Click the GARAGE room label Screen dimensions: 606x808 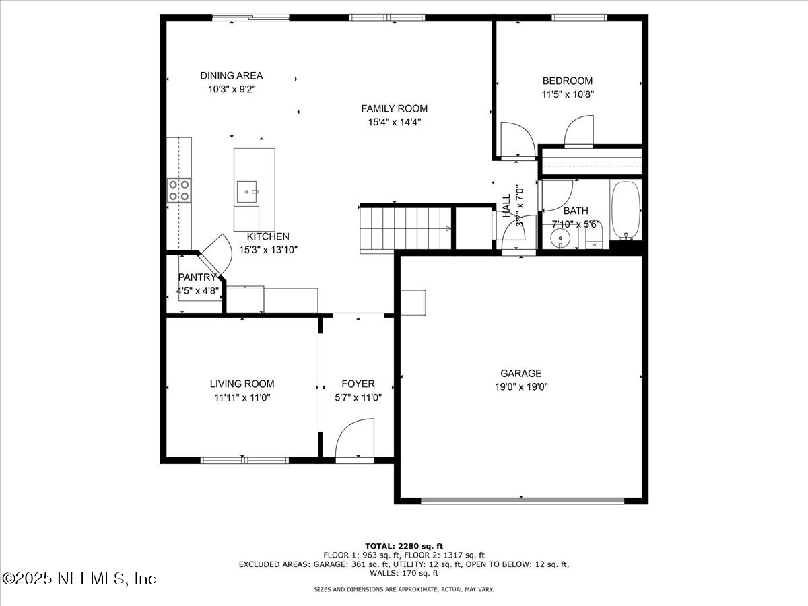(x=520, y=373)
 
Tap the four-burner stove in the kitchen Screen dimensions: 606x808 (x=179, y=191)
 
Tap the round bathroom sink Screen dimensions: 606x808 (x=558, y=238)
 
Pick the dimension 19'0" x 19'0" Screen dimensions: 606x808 (x=520, y=386)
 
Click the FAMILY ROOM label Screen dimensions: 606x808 (x=394, y=108)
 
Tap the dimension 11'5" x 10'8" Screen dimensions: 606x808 (x=568, y=94)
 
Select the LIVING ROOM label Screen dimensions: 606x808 (x=242, y=384)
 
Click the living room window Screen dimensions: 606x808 (x=244, y=461)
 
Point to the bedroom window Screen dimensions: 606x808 (x=579, y=17)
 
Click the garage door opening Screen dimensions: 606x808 (x=522, y=500)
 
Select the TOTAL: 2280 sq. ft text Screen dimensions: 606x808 (x=403, y=546)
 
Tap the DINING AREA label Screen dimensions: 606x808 (x=231, y=75)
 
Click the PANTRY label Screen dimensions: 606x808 (x=197, y=277)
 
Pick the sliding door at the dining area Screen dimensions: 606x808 (x=250, y=18)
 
